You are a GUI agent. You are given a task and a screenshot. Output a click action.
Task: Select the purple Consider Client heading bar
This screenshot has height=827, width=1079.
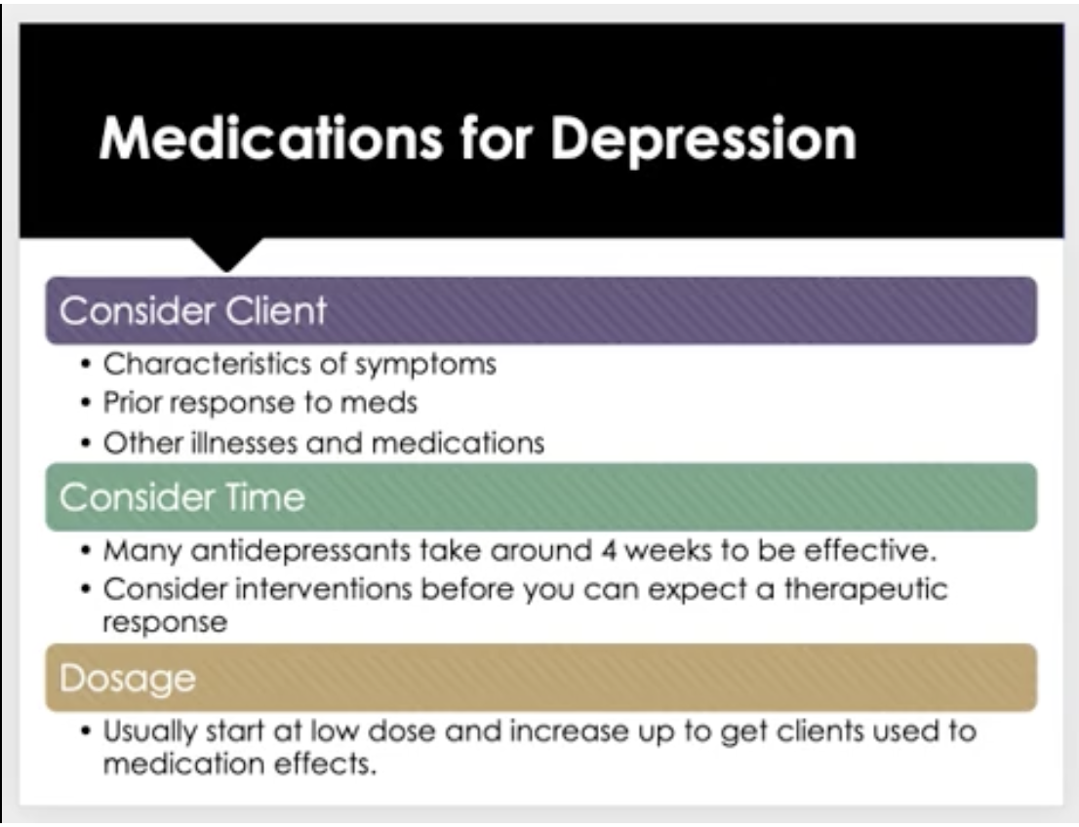540,310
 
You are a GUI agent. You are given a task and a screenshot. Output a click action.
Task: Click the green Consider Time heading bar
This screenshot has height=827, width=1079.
540,496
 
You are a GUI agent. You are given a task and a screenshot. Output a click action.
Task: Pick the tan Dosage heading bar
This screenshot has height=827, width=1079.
540,678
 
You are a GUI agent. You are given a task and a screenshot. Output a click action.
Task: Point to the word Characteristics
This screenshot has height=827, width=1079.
212,363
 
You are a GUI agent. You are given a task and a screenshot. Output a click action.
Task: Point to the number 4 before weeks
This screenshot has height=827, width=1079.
609,551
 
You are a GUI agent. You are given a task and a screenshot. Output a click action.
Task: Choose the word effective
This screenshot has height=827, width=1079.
870,550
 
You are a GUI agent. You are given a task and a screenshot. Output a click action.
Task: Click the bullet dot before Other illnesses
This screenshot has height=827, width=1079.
85,443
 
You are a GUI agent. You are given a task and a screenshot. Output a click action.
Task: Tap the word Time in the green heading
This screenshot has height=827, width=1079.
265,496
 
